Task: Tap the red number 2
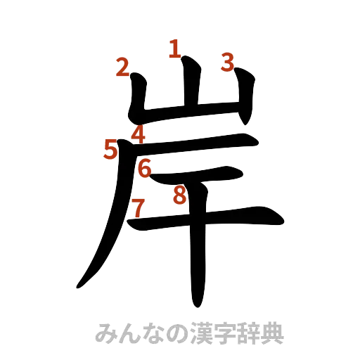click(122, 68)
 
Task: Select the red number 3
click(226, 63)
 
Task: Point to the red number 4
click(139, 134)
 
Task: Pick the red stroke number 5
click(110, 148)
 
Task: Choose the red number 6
click(144, 169)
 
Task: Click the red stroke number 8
click(180, 195)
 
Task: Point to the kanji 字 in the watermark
click(212, 333)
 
